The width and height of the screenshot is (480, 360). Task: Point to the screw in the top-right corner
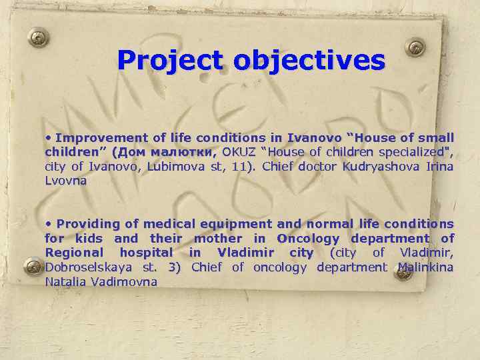coord(415,48)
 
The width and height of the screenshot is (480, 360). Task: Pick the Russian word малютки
coord(185,152)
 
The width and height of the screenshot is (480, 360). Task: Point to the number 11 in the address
coord(243,166)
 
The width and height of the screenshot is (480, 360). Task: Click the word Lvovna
coord(65,180)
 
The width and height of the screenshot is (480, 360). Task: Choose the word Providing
coord(87,224)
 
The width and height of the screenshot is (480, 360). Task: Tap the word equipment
coord(227,224)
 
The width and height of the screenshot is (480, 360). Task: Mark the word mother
coord(217,238)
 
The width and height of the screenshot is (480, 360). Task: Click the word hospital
coord(147,253)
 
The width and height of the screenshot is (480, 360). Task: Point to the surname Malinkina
coord(425,267)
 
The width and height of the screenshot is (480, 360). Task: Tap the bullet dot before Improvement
coord(49,138)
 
